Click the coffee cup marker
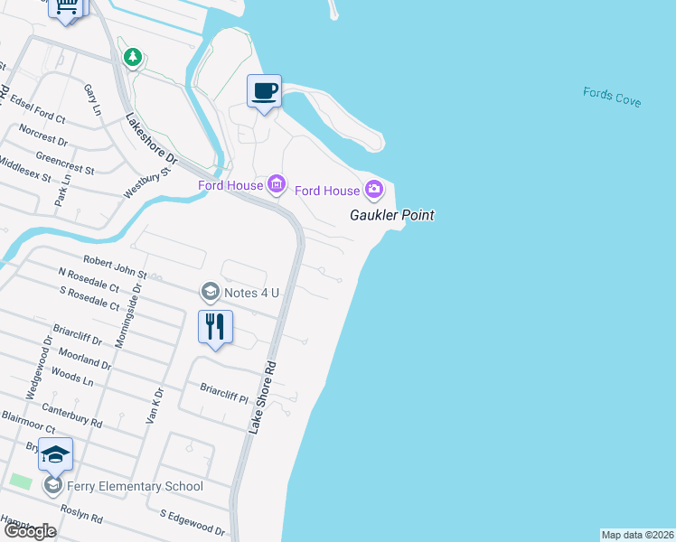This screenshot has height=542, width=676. click(x=264, y=92)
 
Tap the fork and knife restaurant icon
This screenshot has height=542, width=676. click(x=215, y=327)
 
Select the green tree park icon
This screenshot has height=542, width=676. click(x=134, y=58)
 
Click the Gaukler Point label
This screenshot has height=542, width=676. click(x=392, y=215)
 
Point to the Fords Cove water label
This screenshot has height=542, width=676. click(x=612, y=97)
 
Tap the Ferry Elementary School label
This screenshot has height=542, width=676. click(x=134, y=486)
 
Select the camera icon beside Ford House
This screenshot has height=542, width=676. click(x=374, y=190)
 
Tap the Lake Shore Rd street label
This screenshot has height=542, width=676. click(x=263, y=398)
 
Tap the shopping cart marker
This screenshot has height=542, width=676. click(x=67, y=7)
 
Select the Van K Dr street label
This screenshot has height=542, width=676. click(x=155, y=405)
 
